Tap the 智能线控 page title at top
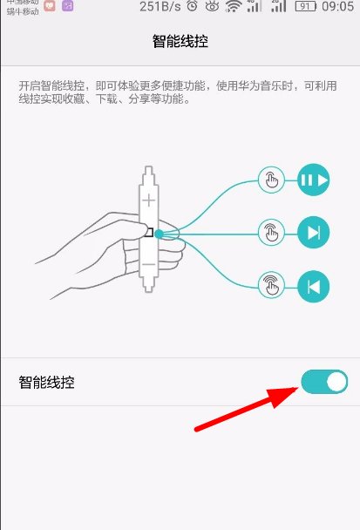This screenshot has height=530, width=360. (x=180, y=41)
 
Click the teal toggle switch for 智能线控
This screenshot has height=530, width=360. (x=324, y=382)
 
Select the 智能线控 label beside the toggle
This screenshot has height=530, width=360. (x=46, y=382)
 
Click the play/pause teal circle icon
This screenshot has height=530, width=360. (x=314, y=181)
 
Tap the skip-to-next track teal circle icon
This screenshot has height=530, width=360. (x=314, y=233)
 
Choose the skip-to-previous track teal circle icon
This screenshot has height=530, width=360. (x=314, y=285)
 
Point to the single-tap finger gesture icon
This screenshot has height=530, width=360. (x=271, y=181)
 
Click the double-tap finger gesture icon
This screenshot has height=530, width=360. (x=271, y=233)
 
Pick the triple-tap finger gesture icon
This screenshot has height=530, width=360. (x=271, y=284)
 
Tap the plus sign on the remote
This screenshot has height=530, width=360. (x=150, y=200)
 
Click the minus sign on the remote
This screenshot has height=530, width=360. (x=150, y=263)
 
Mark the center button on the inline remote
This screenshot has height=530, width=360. (x=150, y=232)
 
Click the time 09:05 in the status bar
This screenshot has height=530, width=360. (x=336, y=7)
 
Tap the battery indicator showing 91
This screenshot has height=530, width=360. (x=304, y=7)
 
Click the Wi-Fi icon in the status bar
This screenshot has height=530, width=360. (x=233, y=7)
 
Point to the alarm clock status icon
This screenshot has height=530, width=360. (x=192, y=7)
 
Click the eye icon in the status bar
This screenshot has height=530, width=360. (x=212, y=7)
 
